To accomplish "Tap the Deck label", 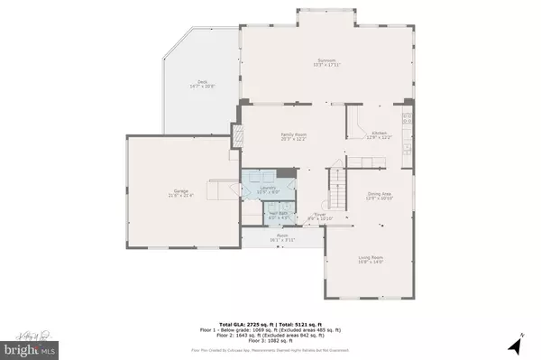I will [x=194, y=86].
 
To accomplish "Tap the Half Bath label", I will [x=256, y=216].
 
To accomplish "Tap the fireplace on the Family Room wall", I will [x=239, y=135].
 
